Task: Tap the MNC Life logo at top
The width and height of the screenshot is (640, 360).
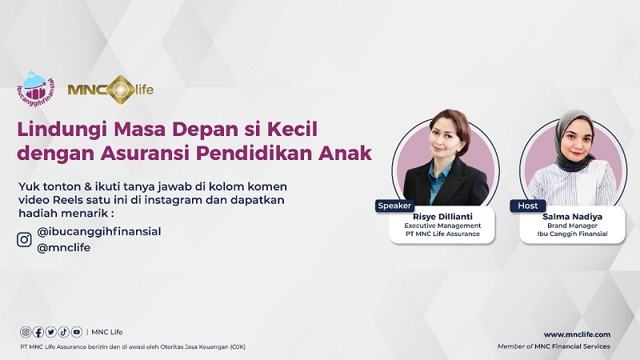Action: click(x=110, y=89)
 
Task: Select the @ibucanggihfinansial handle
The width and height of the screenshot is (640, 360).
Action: click(x=99, y=231)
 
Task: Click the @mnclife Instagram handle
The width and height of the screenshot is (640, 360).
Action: click(x=64, y=247)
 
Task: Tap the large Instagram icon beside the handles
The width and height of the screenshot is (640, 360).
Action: click(x=25, y=239)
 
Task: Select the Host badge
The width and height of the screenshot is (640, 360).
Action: click(x=528, y=206)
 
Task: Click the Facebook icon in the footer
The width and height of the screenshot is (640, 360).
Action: click(x=38, y=332)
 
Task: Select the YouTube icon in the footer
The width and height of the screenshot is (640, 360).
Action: click(x=77, y=332)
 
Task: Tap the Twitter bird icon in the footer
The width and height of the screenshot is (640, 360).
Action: click(x=51, y=332)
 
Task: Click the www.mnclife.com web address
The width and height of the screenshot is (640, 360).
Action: click(x=577, y=334)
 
